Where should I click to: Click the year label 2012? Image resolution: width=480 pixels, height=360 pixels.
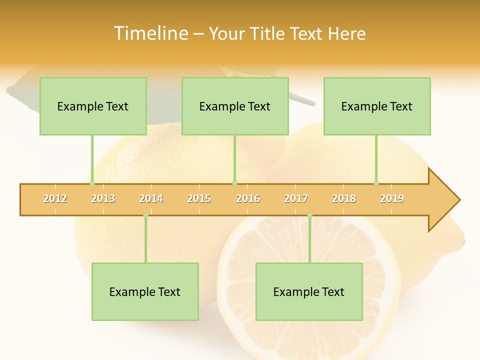(x=55, y=198)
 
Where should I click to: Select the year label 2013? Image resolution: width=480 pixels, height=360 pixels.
(x=103, y=198)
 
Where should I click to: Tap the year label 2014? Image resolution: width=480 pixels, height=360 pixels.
(x=151, y=198)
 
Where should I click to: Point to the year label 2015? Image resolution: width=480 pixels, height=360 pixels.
(x=199, y=198)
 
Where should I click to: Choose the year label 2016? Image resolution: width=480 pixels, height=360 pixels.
(x=248, y=198)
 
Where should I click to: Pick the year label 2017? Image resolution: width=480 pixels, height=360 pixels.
(x=296, y=198)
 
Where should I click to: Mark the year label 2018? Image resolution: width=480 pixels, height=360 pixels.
(x=344, y=198)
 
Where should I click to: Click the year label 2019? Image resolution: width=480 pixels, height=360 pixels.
(x=392, y=198)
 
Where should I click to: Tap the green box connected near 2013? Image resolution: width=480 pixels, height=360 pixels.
(x=93, y=106)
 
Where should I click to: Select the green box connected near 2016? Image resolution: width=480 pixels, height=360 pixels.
(x=235, y=106)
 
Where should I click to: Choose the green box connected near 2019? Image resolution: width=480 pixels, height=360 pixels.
(x=377, y=106)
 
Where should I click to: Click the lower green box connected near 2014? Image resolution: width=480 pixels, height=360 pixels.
(x=145, y=291)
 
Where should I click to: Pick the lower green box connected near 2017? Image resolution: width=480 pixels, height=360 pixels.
(x=309, y=291)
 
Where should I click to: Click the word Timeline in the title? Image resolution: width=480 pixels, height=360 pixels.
(x=150, y=33)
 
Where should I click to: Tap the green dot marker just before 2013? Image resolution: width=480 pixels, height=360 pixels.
(x=92, y=183)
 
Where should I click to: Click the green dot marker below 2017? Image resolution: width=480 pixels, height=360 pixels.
(x=309, y=215)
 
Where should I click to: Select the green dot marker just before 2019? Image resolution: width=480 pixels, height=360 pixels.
(x=376, y=183)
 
